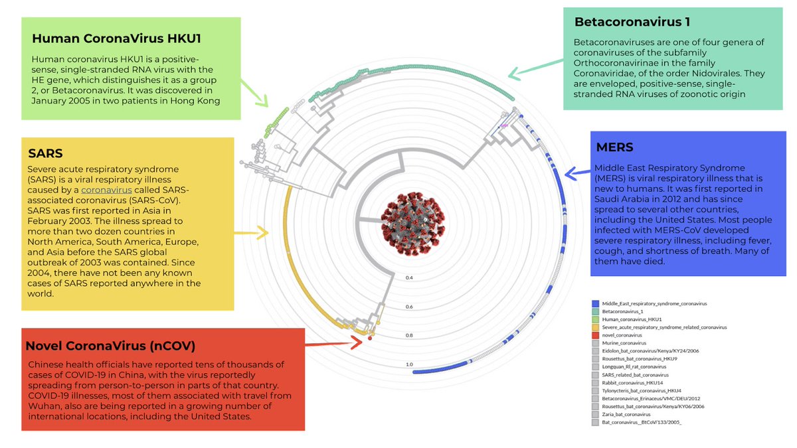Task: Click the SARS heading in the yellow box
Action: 46,153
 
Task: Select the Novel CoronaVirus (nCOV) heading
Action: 110,346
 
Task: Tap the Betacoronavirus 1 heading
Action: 632,21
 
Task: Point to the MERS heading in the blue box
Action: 614,147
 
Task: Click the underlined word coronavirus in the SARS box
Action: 104,189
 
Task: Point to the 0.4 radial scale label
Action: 410,277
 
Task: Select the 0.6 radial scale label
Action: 410,307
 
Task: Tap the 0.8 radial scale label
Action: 410,335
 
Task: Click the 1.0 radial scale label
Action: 410,364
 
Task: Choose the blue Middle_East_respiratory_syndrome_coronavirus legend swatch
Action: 595,303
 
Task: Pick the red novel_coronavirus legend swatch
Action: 595,335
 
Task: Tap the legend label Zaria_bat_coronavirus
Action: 631,414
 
